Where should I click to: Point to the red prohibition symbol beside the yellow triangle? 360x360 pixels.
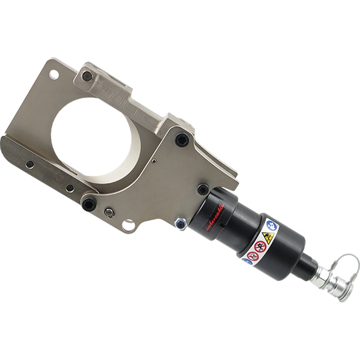coord(260,247)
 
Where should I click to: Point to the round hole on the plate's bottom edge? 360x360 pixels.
coord(127,226)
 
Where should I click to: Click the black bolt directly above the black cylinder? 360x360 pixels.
coord(203,189)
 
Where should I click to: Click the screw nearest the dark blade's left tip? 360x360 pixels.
coord(30,165)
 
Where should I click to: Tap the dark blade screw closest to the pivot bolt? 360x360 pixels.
coord(71,188)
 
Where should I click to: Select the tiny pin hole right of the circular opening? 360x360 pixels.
coord(154,161)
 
